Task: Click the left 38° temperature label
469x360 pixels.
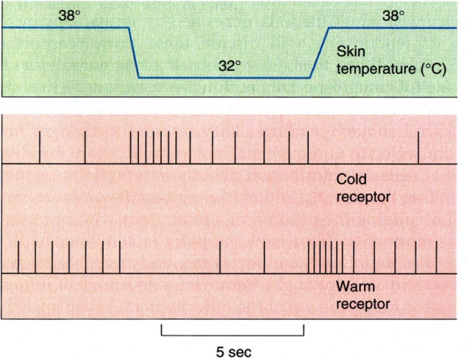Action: [x=69, y=15]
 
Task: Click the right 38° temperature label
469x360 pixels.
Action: [x=394, y=15]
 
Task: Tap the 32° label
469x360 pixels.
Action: [x=230, y=66]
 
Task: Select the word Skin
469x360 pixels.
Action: [x=351, y=51]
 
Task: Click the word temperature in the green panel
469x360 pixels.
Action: [x=376, y=69]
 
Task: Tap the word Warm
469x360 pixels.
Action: [x=355, y=286]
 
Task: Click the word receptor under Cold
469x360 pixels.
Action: [x=364, y=198]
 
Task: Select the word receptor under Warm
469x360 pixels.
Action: [x=364, y=304]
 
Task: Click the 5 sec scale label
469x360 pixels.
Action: [x=233, y=352]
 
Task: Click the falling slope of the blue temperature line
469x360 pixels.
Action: [x=133, y=53]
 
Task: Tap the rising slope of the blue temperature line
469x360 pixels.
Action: [x=320, y=53]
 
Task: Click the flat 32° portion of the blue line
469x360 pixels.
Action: [x=224, y=78]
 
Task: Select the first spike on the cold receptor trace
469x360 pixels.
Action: [x=40, y=147]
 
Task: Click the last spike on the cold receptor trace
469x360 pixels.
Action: [x=419, y=147]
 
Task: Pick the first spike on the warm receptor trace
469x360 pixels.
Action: [x=18, y=257]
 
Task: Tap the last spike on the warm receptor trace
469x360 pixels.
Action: [x=436, y=257]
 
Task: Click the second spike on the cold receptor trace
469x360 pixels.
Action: [x=85, y=147]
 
